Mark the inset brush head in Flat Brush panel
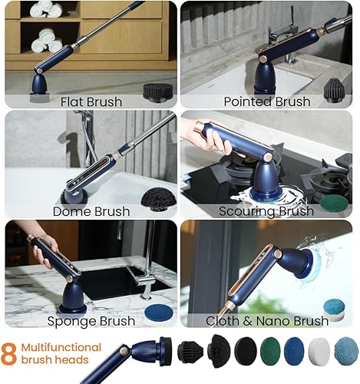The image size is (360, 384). (157, 91)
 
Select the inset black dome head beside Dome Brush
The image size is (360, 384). (157, 199)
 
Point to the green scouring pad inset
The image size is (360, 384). (334, 203)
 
